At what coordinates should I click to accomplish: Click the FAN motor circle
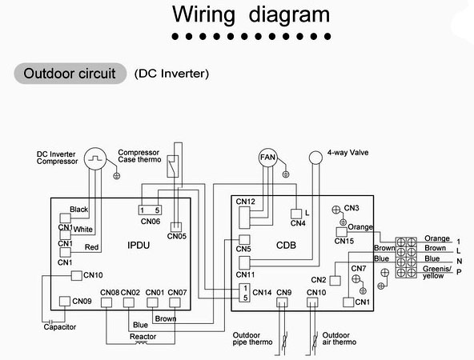pyautogui.click(x=267, y=158)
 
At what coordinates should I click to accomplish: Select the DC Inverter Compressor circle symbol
pyautogui.click(x=95, y=158)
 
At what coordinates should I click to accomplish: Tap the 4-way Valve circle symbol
pyautogui.click(x=315, y=158)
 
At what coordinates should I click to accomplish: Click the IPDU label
pyautogui.click(x=139, y=246)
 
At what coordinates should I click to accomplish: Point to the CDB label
pyautogui.click(x=286, y=246)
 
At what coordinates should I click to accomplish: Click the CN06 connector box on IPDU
pyautogui.click(x=150, y=210)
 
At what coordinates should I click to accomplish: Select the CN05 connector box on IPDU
pyautogui.click(x=176, y=227)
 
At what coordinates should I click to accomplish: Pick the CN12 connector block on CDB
pyautogui.click(x=244, y=218)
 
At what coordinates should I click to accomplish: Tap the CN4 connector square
pyautogui.click(x=296, y=214)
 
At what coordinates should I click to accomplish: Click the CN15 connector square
pyautogui.click(x=342, y=232)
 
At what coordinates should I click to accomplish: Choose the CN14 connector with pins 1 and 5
pyautogui.click(x=244, y=293)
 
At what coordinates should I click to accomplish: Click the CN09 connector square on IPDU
pyautogui.click(x=65, y=301)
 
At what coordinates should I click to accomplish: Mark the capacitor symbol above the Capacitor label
pyautogui.click(x=51, y=322)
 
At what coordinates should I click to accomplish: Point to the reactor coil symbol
pyautogui.click(x=141, y=342)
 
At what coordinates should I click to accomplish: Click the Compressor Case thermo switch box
pyautogui.click(x=173, y=166)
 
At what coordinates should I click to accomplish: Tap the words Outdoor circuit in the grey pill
pyautogui.click(x=70, y=74)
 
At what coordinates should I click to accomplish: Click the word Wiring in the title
pyautogui.click(x=203, y=14)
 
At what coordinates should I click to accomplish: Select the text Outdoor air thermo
pyautogui.click(x=339, y=338)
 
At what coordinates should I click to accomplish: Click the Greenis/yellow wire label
pyautogui.click(x=437, y=272)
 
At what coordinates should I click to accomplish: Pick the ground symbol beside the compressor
pyautogui.click(x=116, y=176)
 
